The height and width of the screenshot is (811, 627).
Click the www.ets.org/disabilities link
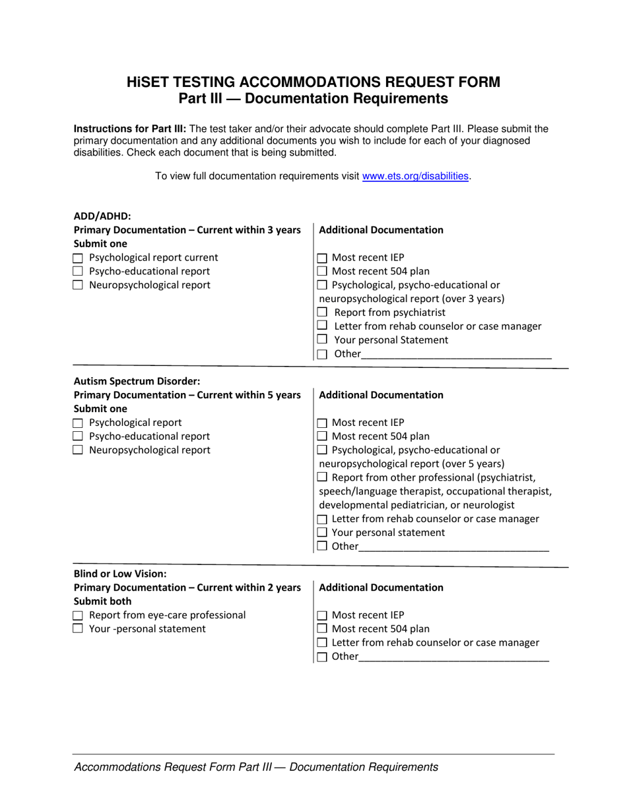[x=416, y=176]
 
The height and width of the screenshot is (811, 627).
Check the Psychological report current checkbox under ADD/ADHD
[x=78, y=258]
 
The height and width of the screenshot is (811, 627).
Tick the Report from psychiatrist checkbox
[x=322, y=313]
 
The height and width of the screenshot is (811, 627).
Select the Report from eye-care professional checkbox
[x=78, y=615]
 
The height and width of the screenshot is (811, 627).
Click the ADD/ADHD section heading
[x=102, y=216]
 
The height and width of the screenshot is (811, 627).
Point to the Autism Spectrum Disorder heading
[x=137, y=381]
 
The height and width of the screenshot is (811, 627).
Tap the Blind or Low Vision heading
[x=120, y=574]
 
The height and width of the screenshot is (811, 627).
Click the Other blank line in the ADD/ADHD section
[x=455, y=354]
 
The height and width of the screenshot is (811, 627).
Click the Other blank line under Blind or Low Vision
[x=453, y=657]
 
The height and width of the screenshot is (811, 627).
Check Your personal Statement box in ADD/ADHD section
[x=322, y=340]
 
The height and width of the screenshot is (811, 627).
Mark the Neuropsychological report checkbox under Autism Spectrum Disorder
[x=78, y=450]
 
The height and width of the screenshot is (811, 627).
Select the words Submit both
[x=102, y=601]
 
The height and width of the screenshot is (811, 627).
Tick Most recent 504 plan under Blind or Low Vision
[x=322, y=629]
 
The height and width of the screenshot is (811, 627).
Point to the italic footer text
[x=256, y=767]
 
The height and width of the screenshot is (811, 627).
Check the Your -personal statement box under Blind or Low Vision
[x=78, y=629]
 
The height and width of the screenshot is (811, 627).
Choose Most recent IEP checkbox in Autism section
[x=322, y=423]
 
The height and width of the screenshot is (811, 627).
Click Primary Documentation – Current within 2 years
[x=187, y=587]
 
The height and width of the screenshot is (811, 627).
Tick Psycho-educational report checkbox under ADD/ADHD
[x=78, y=272]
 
